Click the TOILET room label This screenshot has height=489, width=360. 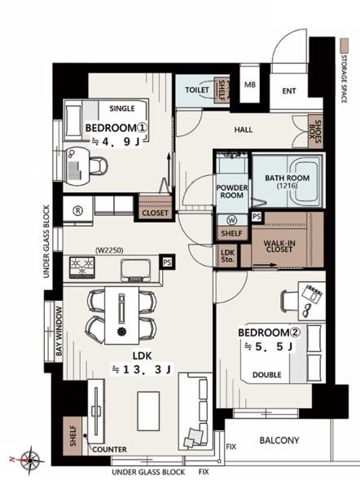click(x=197, y=90)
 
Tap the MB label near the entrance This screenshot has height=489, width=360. click(x=250, y=85)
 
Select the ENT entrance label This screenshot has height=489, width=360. click(x=289, y=91)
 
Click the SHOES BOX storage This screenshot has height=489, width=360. click(x=315, y=131)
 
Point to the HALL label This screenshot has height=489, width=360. click(x=244, y=130)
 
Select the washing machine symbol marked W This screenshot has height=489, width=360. click(x=232, y=220)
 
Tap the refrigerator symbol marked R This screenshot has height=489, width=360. click(x=77, y=211)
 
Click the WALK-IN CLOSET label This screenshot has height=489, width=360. click(x=279, y=246)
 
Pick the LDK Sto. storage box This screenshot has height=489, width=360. click(x=228, y=256)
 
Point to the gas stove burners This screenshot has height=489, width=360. click(x=82, y=267)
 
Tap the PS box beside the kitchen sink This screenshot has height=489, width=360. click(x=167, y=262)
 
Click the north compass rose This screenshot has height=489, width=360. click(x=30, y=460)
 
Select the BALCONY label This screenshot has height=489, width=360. click(x=279, y=440)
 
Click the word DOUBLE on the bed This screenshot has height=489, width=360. click(x=267, y=375)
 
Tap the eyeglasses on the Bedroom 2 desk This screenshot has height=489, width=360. click(x=308, y=309)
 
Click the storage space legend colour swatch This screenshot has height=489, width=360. click(x=344, y=46)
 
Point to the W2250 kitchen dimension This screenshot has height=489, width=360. click(x=109, y=250)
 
